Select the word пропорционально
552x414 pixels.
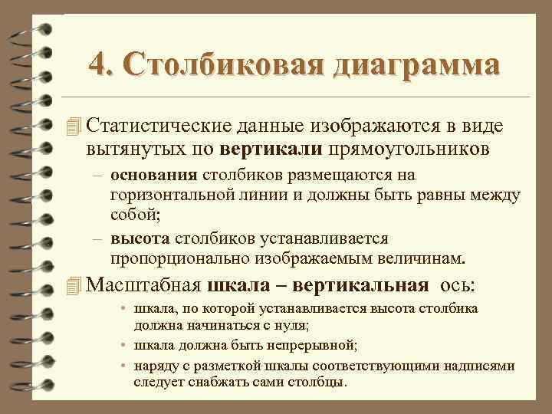(169, 256)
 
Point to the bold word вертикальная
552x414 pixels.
(371, 286)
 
